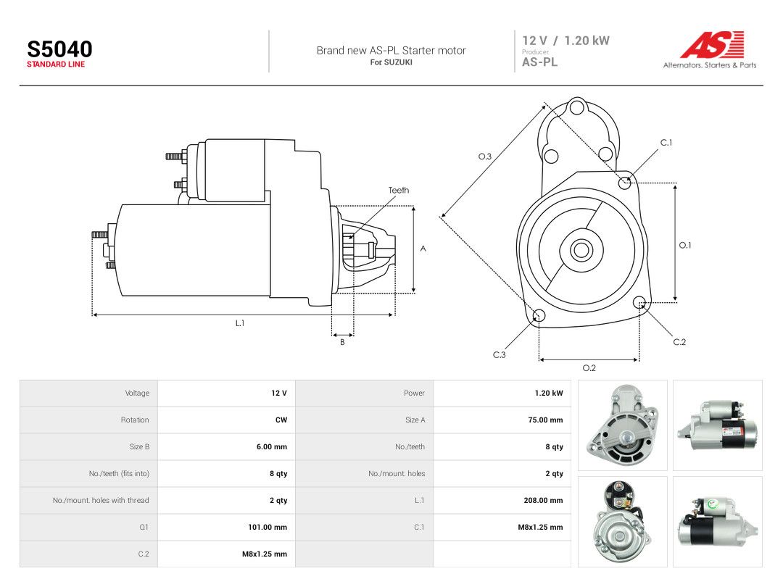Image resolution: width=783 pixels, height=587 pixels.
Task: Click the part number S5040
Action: click(x=59, y=49)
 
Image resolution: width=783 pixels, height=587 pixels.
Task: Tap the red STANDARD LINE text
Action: click(x=56, y=64)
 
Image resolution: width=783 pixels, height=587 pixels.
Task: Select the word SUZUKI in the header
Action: click(x=398, y=62)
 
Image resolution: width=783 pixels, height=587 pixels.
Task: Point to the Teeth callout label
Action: click(x=399, y=190)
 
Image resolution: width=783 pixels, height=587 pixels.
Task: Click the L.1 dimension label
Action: click(x=240, y=323)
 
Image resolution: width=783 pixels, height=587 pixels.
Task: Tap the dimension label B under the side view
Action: click(x=342, y=342)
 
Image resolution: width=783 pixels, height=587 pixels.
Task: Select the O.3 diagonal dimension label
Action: click(x=485, y=157)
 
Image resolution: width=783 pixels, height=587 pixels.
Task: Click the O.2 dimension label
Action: click(x=589, y=368)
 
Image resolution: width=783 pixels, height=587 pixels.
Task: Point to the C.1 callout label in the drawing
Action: click(x=666, y=143)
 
